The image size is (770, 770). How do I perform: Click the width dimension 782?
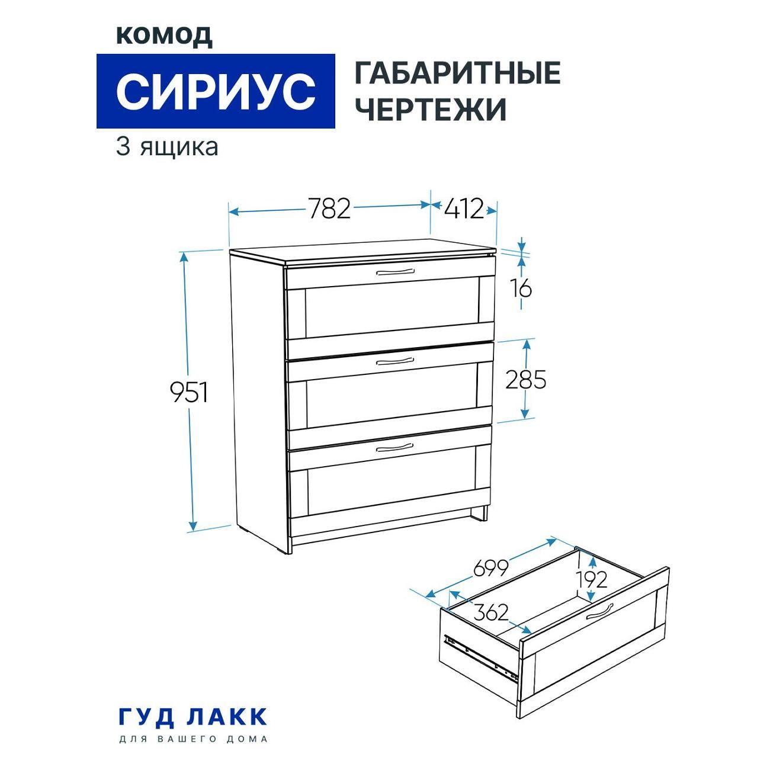pos(329,208)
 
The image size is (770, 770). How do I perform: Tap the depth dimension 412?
pos(464,208)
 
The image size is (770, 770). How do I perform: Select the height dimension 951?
pos(189,392)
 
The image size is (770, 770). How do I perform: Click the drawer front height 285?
pos(525,379)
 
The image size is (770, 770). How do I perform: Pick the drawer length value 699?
pos(491,567)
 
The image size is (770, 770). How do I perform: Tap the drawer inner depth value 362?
pos(490,612)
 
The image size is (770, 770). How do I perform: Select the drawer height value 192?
pos(591,580)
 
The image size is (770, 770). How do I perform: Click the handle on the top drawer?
pos(395,272)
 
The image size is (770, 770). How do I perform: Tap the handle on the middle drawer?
pos(395,362)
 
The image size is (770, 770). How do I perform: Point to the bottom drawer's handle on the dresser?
pos(395,448)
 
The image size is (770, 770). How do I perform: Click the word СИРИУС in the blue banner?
pos(216,91)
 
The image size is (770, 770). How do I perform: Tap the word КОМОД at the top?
pos(164,37)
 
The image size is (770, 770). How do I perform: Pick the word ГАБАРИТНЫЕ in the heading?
pos(457,73)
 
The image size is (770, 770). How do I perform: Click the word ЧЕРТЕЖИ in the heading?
pos(431,108)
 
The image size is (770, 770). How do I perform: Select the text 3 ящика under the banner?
pos(167,147)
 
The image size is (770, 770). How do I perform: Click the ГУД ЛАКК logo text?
pos(193,717)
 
